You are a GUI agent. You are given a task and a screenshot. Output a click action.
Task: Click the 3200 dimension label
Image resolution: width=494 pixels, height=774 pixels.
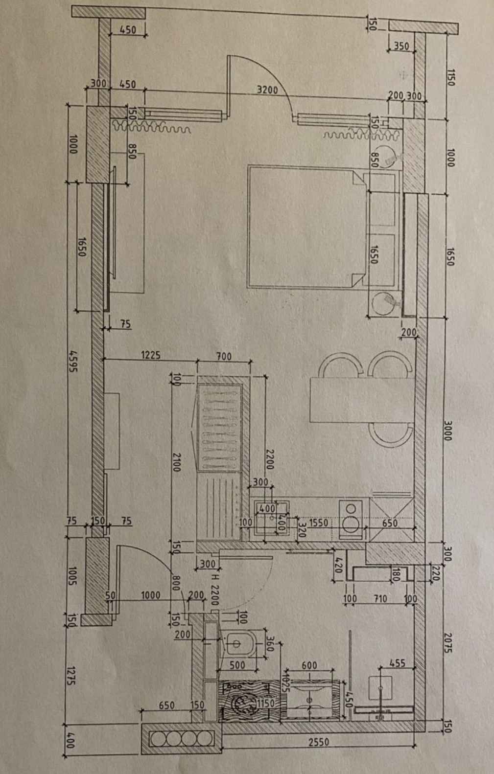point(267,90)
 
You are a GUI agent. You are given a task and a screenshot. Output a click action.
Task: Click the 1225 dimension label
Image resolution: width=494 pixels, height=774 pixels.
point(151,355)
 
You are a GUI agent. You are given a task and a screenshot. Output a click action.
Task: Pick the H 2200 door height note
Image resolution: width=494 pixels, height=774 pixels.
point(214,590)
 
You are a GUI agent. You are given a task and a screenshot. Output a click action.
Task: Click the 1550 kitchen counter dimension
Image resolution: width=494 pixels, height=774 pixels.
point(319,523)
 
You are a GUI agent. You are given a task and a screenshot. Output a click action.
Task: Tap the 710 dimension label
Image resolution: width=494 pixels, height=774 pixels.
point(380,598)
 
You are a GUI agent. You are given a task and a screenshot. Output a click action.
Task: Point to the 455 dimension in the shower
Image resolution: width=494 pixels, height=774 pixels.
point(397,663)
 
